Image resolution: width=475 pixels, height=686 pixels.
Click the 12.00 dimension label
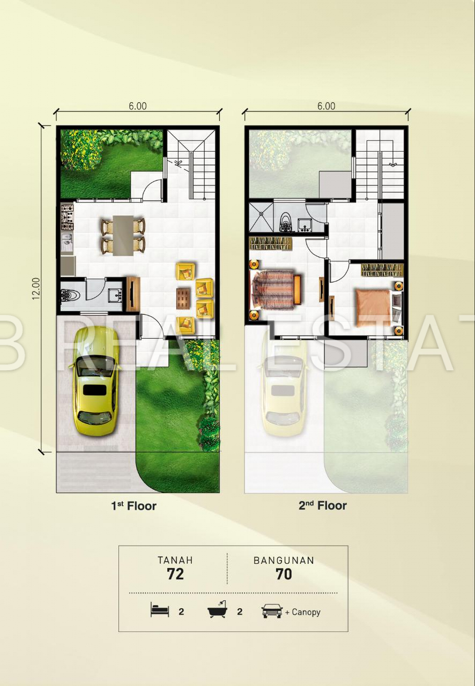pyautogui.click(x=36, y=288)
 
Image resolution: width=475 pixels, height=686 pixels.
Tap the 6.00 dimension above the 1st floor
pyautogui.click(x=138, y=106)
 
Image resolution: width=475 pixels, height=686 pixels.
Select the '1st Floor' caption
pyautogui.click(x=133, y=506)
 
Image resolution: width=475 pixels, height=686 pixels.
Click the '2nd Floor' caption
pyautogui.click(x=323, y=505)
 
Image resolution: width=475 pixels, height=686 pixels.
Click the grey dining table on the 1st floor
pyautogui.click(x=123, y=235)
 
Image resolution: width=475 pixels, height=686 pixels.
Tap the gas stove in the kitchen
pyautogui.click(x=67, y=218)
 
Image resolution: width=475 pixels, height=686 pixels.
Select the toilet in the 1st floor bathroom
pyautogui.click(x=70, y=295)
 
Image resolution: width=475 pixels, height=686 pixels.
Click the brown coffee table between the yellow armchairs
pyautogui.click(x=183, y=299)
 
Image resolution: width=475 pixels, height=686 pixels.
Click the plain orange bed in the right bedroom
pyautogui.click(x=374, y=308)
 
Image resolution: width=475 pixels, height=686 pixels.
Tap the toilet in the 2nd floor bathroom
pyautogui.click(x=286, y=222)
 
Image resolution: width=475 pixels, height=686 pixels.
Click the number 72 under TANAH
pyautogui.click(x=175, y=574)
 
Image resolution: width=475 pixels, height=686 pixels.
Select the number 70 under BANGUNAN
pyautogui.click(x=284, y=574)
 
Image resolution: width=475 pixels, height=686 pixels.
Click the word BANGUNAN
pyautogui.click(x=284, y=561)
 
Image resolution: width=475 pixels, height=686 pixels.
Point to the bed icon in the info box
pyautogui.click(x=160, y=609)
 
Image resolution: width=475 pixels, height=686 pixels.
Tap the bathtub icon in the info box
pyautogui.click(x=217, y=609)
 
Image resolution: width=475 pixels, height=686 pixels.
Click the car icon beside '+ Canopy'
pyautogui.click(x=272, y=612)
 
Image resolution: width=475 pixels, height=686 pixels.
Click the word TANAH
pyautogui.click(x=175, y=561)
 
